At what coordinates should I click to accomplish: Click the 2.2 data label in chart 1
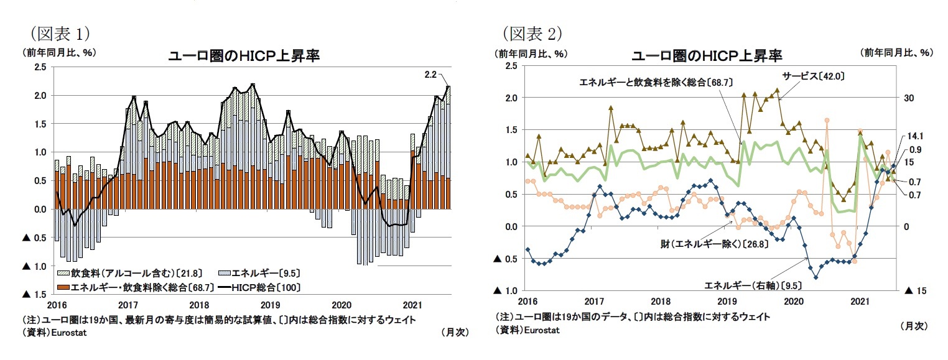coord(430,75)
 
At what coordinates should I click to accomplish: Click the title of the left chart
coord(244,56)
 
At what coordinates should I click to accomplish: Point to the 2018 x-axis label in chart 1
coord(199,305)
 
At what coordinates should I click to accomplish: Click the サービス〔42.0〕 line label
coord(812,76)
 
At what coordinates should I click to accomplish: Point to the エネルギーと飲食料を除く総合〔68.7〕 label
coord(654,82)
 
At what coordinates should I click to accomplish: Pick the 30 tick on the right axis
coord(908,98)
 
